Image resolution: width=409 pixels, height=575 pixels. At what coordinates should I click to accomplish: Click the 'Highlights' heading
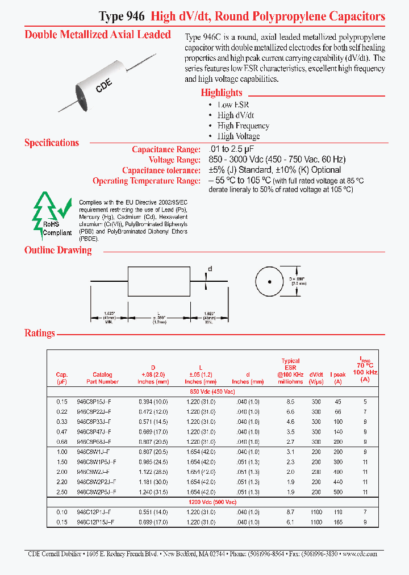pyautogui.click(x=221, y=93)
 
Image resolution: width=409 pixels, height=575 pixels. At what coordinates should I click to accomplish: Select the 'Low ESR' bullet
pyautogui.click(x=233, y=105)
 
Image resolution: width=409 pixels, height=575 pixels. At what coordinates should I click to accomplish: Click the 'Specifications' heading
pyautogui.click(x=52, y=143)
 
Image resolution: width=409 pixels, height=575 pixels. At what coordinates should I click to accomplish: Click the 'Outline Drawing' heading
pyautogui.click(x=58, y=251)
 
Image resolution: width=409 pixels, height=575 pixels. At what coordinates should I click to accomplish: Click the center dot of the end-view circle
pyautogui.click(x=270, y=282)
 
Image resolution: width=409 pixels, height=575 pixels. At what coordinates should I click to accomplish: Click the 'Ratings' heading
pyautogui.click(x=40, y=333)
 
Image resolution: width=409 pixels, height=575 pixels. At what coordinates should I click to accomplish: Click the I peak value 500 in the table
pyautogui.click(x=339, y=491)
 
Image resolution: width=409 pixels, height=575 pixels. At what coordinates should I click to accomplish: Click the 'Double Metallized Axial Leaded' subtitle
pyautogui.click(x=98, y=35)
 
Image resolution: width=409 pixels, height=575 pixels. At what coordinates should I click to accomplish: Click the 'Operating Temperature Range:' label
pyautogui.click(x=147, y=181)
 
